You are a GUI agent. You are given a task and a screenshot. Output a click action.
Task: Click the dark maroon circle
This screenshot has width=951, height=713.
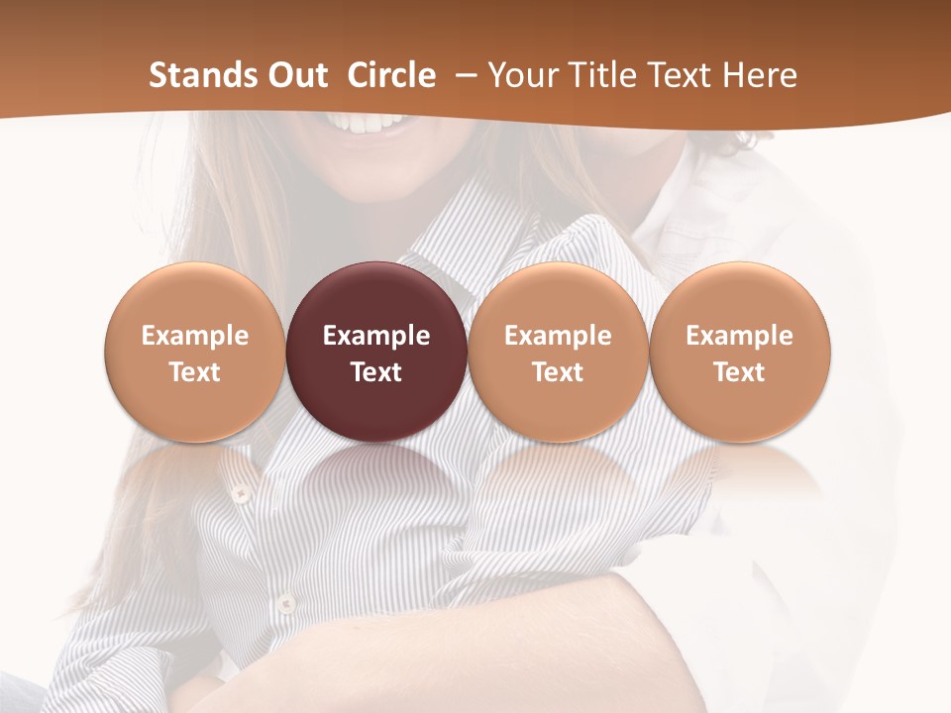tap(376, 352)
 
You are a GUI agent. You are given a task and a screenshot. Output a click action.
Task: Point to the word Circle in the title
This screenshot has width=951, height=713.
tap(391, 75)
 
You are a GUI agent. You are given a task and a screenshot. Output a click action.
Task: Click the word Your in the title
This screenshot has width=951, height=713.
tap(521, 75)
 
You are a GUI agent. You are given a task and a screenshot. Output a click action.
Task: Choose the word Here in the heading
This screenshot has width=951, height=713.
tap(760, 75)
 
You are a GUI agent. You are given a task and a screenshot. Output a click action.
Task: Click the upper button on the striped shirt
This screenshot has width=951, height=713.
tap(238, 492)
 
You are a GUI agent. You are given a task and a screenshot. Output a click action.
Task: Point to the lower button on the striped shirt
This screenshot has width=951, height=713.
tap(285, 602)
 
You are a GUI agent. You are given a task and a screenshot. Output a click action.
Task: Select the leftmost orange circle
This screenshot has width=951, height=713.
tap(195, 352)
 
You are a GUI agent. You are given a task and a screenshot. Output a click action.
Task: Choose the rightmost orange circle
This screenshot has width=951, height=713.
tap(740, 352)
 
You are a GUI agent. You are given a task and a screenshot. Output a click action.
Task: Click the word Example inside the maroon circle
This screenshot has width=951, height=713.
tap(376, 336)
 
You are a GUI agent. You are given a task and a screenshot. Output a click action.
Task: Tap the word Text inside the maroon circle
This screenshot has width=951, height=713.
tap(376, 372)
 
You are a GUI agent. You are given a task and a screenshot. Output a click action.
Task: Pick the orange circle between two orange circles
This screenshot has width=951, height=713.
tap(558, 352)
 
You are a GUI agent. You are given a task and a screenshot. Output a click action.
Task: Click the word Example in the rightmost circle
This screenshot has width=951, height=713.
tap(740, 336)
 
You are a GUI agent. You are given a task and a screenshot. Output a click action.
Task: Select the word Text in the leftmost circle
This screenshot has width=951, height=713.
tap(195, 372)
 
